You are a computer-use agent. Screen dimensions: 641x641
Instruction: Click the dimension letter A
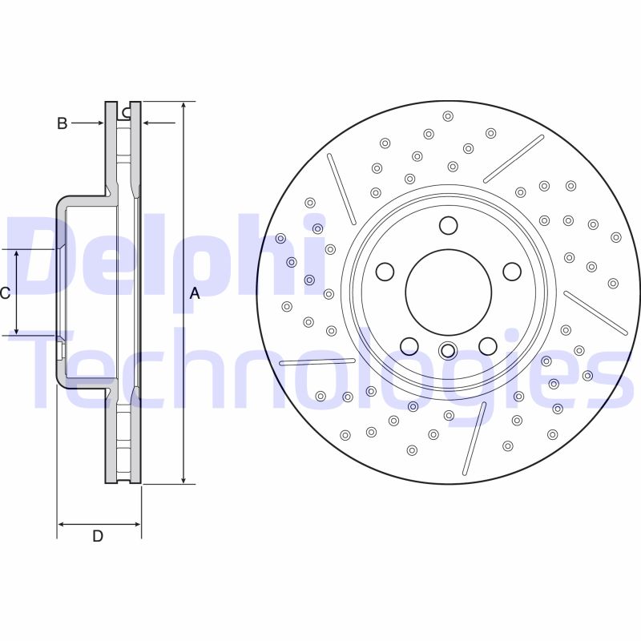point(194,294)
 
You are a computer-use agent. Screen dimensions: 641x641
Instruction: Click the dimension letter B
point(62,123)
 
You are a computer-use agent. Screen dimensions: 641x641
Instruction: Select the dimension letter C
point(5,293)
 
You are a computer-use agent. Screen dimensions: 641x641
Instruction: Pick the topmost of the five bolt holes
point(448,225)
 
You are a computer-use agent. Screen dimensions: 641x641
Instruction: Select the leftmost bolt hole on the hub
point(385,272)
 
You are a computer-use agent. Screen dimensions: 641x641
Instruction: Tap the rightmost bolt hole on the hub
point(511,272)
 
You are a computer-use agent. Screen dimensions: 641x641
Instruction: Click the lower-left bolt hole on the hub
point(409,345)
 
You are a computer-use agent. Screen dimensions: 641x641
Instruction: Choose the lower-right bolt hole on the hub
point(487,345)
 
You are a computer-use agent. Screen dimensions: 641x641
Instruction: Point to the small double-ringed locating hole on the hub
point(448,350)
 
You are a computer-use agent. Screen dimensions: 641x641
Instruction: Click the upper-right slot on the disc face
point(514,159)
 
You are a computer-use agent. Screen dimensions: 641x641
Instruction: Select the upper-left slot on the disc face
point(341,189)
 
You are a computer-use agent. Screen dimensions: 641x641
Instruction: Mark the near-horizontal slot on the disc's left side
point(317,362)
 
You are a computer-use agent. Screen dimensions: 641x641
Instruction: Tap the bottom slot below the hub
point(474,437)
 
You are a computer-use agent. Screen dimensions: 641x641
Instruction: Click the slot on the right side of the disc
point(595,312)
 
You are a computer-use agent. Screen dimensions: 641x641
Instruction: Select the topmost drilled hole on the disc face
point(448,115)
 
